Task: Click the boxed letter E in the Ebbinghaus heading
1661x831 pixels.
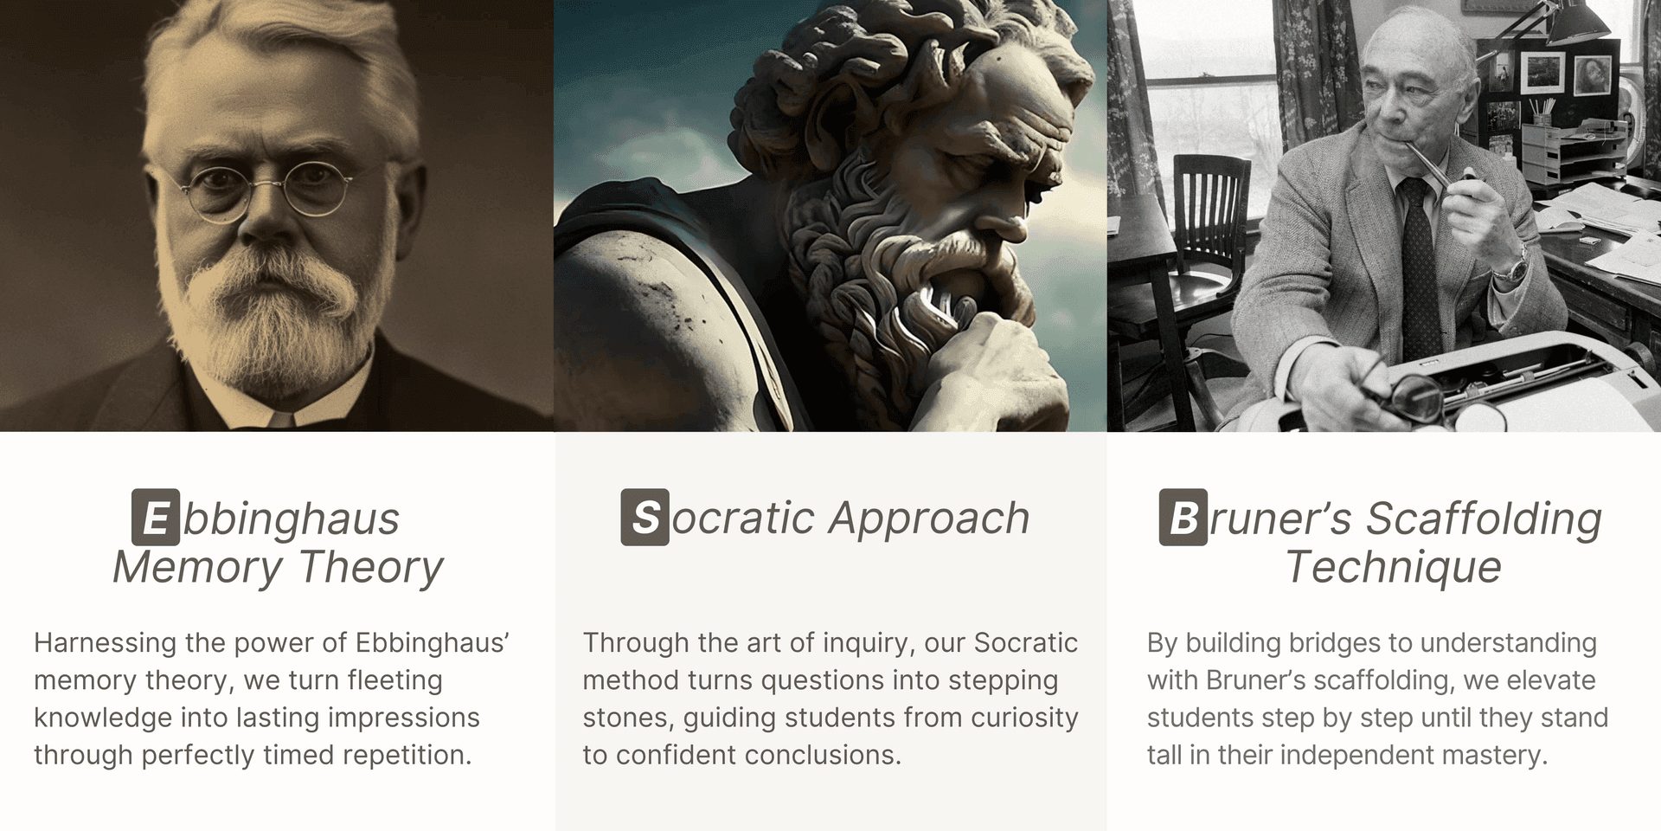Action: (x=156, y=518)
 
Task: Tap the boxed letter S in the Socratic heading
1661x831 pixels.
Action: (x=645, y=518)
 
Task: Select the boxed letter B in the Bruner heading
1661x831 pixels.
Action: (x=1183, y=518)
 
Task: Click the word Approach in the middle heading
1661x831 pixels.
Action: (x=929, y=519)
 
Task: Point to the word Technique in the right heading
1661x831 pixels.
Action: (x=1393, y=567)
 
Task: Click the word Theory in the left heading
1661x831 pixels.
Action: (x=371, y=568)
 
